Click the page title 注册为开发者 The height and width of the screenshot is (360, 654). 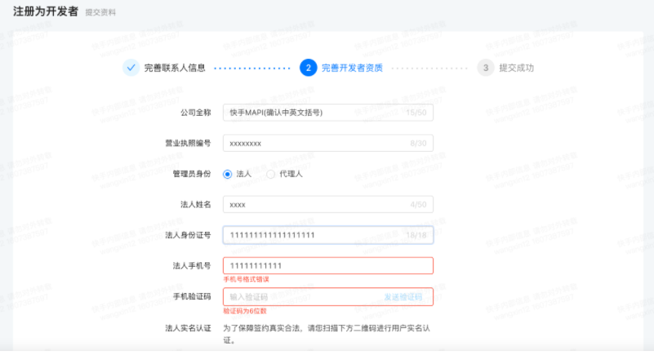click(46, 11)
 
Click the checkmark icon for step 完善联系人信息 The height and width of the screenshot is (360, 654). click(131, 68)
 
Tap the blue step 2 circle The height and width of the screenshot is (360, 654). click(308, 68)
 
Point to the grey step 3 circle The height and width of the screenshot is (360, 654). click(485, 68)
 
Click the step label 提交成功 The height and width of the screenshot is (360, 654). click(516, 68)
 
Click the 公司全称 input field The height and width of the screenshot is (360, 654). click(310, 112)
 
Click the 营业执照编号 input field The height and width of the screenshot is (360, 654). click(310, 143)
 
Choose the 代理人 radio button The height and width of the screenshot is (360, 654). click(271, 174)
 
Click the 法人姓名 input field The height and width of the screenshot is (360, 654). click(310, 205)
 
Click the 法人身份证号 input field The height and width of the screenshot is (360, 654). click(310, 235)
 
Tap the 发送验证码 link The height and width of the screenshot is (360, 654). click(403, 297)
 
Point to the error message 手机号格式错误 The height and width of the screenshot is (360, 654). click(246, 280)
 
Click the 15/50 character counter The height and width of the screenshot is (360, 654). click(416, 112)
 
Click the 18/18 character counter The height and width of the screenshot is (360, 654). click(416, 235)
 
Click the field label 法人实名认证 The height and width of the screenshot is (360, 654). click(188, 328)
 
